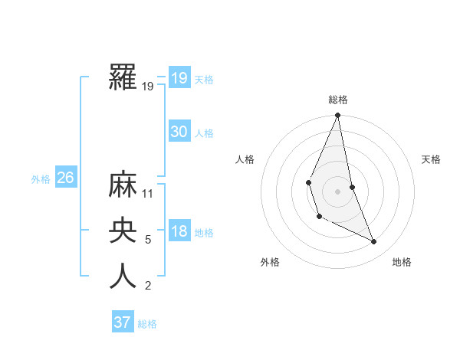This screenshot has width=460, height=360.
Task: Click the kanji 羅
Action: pyautogui.click(x=123, y=78)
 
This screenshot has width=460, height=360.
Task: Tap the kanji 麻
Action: pyautogui.click(x=123, y=185)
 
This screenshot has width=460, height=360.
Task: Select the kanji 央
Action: pyautogui.click(x=123, y=231)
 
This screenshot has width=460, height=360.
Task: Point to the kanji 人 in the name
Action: pyautogui.click(x=123, y=277)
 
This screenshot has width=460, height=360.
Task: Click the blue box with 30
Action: pyautogui.click(x=179, y=132)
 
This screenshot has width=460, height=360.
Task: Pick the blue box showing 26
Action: pyautogui.click(x=65, y=178)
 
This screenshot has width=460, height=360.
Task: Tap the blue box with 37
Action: pyautogui.click(x=123, y=322)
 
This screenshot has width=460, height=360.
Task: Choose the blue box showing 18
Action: pyautogui.click(x=179, y=231)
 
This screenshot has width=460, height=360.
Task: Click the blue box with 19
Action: pyautogui.click(x=179, y=78)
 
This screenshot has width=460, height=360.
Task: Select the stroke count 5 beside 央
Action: pyautogui.click(x=148, y=240)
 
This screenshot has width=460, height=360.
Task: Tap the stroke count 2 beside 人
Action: pyautogui.click(x=148, y=286)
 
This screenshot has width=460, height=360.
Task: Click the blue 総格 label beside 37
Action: pyautogui.click(x=147, y=324)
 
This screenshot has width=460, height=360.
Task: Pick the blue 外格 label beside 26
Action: pyautogui.click(x=41, y=179)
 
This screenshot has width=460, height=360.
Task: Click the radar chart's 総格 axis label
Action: pyautogui.click(x=338, y=100)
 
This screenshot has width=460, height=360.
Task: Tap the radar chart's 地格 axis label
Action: pyautogui.click(x=402, y=262)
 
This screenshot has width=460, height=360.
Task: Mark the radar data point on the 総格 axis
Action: pyautogui.click(x=337, y=116)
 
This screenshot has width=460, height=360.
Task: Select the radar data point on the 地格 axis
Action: pyautogui.click(x=374, y=241)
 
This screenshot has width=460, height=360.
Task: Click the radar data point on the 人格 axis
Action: pyautogui.click(x=308, y=182)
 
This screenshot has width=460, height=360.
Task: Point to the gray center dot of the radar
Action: pyautogui.click(x=337, y=191)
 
